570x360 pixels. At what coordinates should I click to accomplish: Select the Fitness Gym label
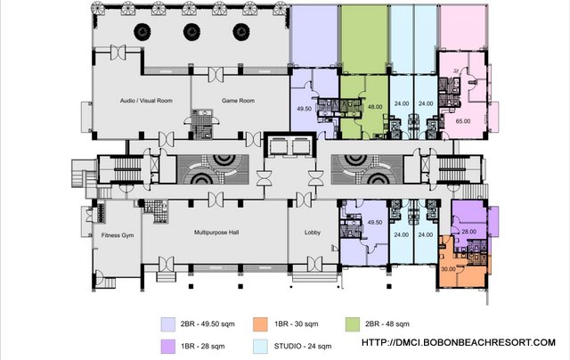(116, 235)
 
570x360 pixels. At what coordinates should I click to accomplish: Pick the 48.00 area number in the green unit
(375, 106)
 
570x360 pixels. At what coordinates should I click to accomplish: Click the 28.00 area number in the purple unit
(469, 231)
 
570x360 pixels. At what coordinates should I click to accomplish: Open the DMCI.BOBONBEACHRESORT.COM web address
(457, 343)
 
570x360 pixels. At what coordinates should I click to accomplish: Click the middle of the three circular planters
(190, 32)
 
